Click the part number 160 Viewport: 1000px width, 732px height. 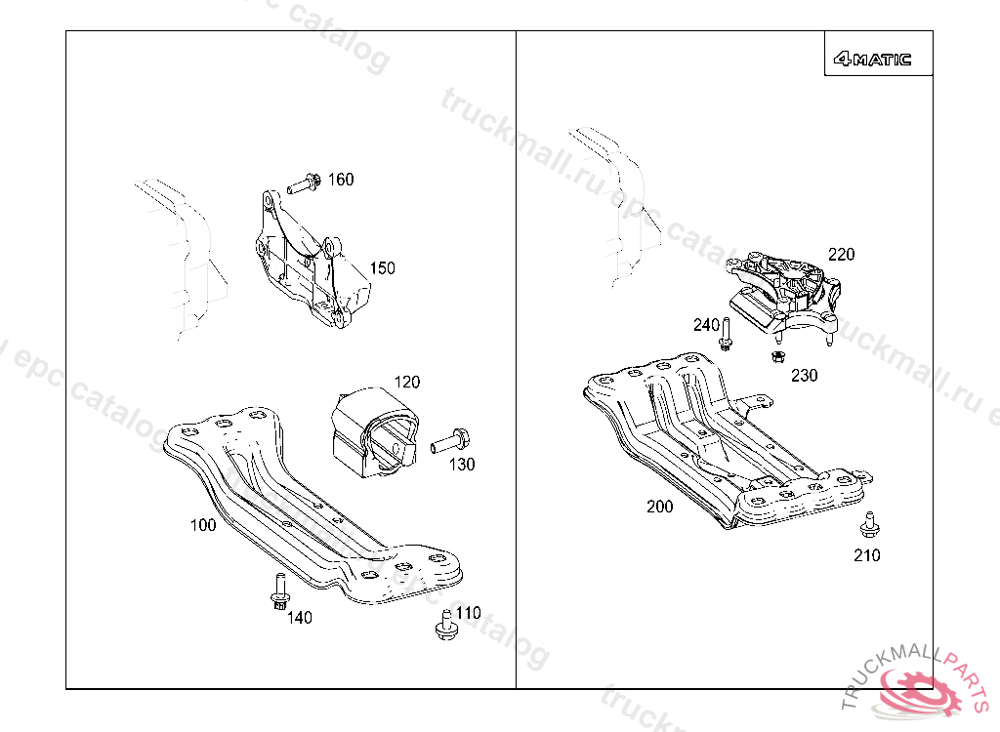point(341,180)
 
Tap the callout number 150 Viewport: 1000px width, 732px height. point(382,268)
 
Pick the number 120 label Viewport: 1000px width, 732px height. point(406,382)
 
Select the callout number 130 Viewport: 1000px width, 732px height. point(462,465)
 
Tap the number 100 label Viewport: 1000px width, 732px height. point(203,525)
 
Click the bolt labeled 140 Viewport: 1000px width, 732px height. point(279,592)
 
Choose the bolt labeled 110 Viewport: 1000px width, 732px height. point(445,625)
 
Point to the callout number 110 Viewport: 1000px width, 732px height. point(469,613)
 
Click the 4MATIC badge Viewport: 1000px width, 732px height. point(872,59)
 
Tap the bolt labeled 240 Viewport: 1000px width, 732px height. point(726,334)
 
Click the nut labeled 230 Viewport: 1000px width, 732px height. point(778,355)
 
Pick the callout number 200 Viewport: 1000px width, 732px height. point(659,507)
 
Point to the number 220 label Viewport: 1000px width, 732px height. point(841,255)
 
